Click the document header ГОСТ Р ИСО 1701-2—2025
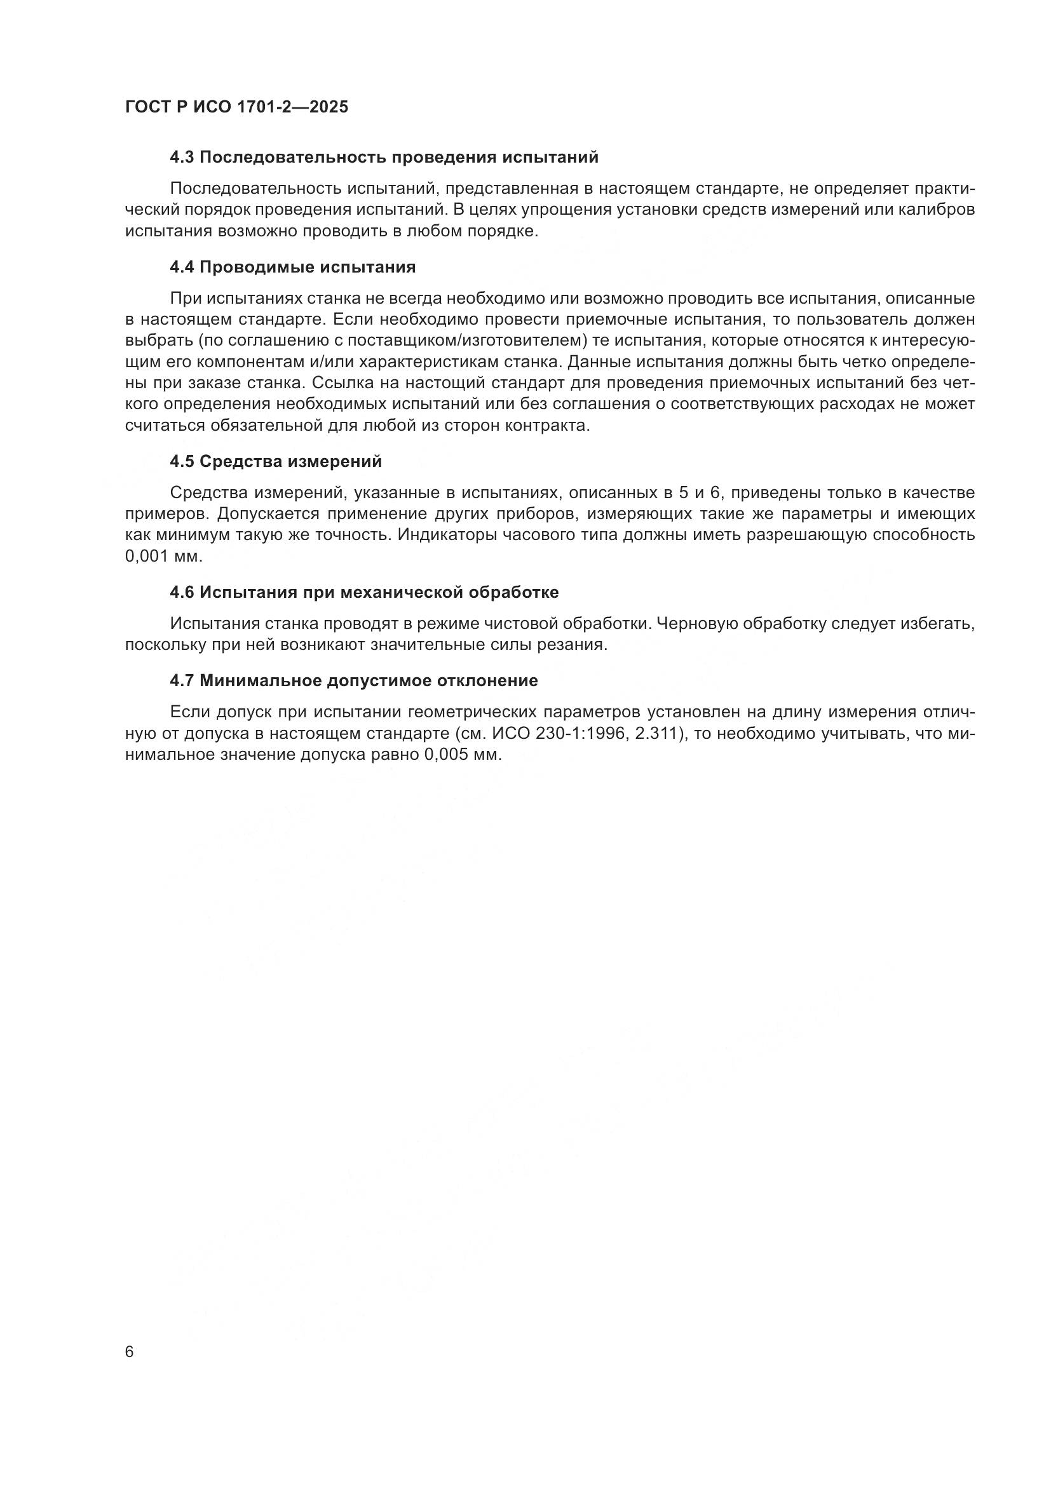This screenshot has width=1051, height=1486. click(236, 107)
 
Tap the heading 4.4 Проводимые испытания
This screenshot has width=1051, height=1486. click(292, 267)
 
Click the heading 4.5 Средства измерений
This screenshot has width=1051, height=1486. click(276, 461)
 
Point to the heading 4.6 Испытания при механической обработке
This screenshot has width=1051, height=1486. click(363, 592)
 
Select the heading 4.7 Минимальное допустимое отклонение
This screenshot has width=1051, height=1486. click(353, 681)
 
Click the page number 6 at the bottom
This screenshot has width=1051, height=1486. click(130, 1352)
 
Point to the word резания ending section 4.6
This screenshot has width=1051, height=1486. click(581, 645)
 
